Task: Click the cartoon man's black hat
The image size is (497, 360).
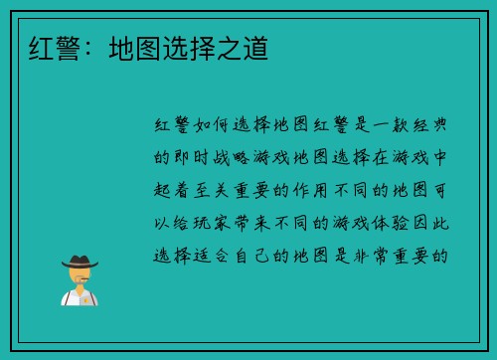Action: [79, 262]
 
